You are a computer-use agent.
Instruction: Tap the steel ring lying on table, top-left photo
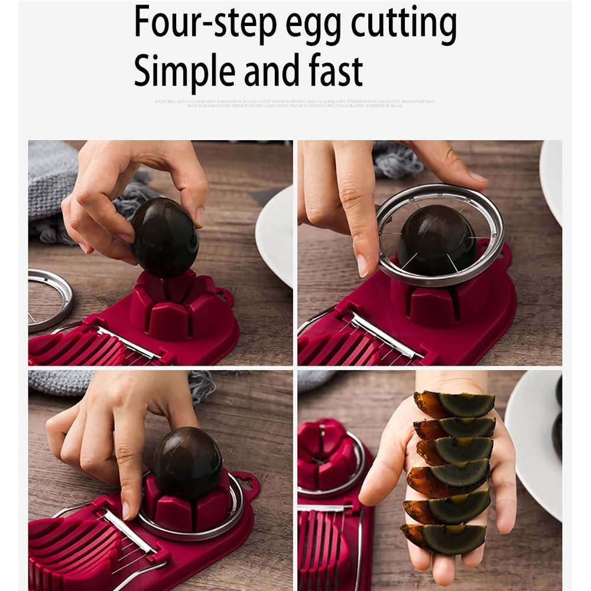tap(50, 298)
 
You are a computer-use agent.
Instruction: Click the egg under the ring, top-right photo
tap(437, 239)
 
